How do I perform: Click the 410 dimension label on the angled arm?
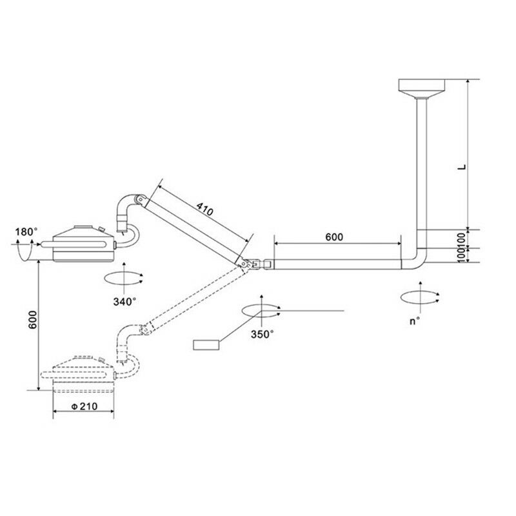click(204, 209)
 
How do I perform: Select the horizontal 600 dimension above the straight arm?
click(334, 237)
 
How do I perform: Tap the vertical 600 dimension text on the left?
click(33, 319)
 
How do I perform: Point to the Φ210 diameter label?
click(84, 406)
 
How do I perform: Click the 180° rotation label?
click(26, 232)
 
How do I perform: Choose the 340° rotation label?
click(124, 301)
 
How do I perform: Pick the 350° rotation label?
click(263, 334)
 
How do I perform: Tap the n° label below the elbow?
click(415, 321)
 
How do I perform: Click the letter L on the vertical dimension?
click(463, 167)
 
